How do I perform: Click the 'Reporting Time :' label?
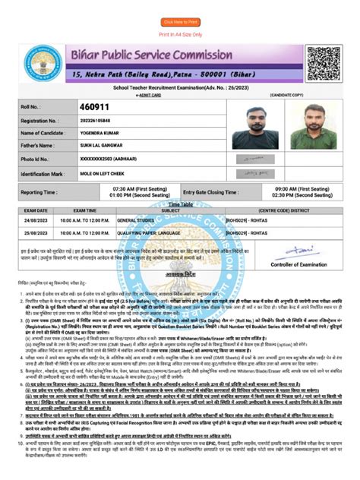coord(39,193)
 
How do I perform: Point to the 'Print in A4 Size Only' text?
coord(180,35)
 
